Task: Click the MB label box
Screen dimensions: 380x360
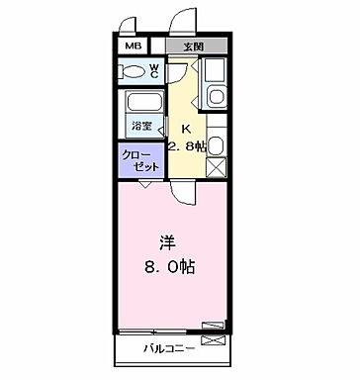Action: [133, 47]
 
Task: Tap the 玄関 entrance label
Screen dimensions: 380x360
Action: [193, 47]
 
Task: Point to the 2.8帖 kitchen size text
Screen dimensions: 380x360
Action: [188, 145]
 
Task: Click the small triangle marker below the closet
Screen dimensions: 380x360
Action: [146, 184]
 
